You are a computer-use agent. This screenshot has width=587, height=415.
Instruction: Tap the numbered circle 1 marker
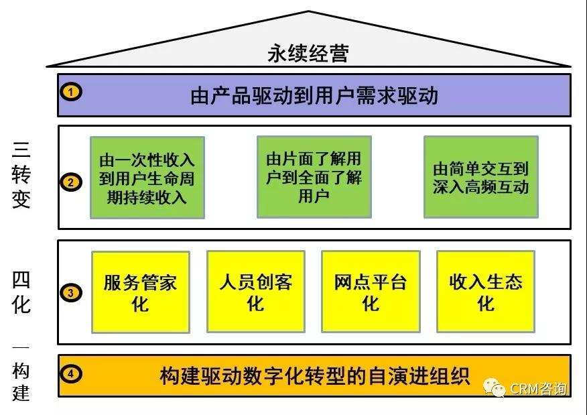pos(71,93)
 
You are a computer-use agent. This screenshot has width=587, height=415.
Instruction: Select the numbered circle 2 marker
pos(71,182)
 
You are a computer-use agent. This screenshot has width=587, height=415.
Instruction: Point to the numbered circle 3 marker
pos(71,293)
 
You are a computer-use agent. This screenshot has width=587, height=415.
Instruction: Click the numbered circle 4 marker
pos(71,373)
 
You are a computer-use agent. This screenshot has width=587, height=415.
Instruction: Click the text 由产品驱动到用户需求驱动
pos(314,96)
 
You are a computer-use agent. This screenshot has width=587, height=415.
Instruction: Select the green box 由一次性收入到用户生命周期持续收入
pos(147,178)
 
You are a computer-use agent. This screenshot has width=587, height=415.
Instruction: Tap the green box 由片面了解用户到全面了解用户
pos(314,178)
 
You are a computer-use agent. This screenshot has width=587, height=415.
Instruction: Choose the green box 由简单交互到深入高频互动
pos(480,178)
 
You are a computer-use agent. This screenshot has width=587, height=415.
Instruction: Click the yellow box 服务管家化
pos(140,292)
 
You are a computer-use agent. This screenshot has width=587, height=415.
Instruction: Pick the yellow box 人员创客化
pos(255,292)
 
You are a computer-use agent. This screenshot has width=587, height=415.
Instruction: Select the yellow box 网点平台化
pos(371,292)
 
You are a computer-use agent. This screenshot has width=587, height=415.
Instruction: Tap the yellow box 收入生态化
pos(486,292)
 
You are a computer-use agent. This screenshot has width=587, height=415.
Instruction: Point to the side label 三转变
pos(21,174)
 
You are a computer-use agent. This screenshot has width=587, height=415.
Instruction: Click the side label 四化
pos(21,293)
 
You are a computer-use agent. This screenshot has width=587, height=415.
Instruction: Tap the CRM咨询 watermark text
pos(537,388)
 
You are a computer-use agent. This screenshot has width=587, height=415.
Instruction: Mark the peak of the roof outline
pos(309,11)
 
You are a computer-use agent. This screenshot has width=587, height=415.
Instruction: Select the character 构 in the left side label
pos(21,371)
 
